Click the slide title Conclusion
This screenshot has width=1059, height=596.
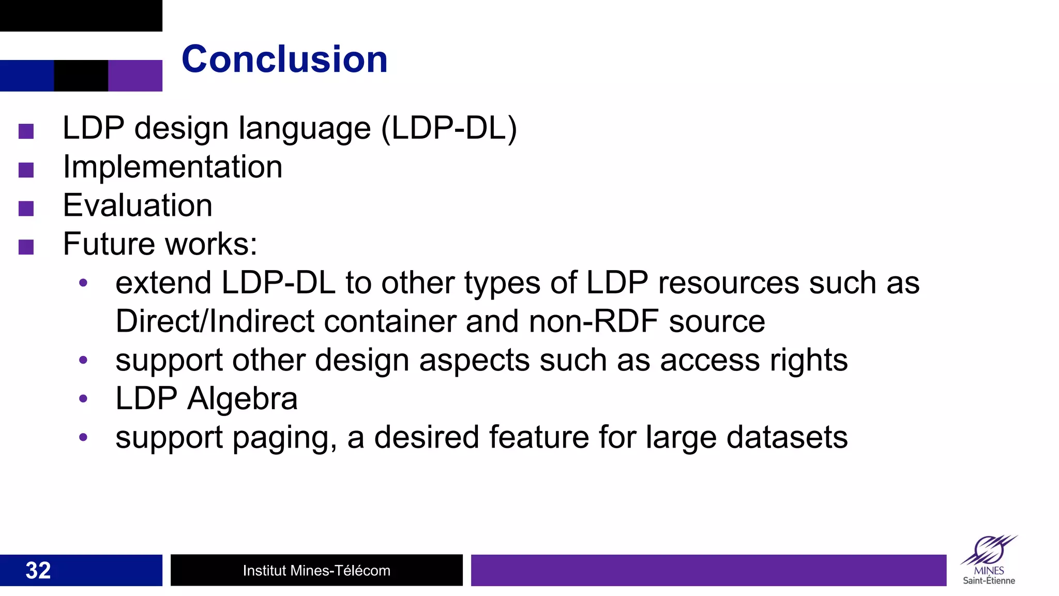pyautogui.click(x=284, y=59)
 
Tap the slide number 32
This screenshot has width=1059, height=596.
pyautogui.click(x=38, y=570)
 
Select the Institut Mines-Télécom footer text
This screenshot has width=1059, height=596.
pyautogui.click(x=316, y=570)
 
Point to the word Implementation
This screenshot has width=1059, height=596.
pyautogui.click(x=173, y=167)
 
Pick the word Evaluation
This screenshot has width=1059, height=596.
pyautogui.click(x=138, y=205)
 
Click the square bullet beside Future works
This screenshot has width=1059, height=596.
pyautogui.click(x=26, y=247)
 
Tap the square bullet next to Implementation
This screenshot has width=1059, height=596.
pyautogui.click(x=26, y=170)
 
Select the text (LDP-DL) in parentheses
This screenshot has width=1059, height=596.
pyautogui.click(x=449, y=128)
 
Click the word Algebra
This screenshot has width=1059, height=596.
pyautogui.click(x=243, y=398)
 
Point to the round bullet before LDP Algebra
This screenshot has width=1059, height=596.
pyautogui.click(x=83, y=399)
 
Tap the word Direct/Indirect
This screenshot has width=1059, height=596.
pyautogui.click(x=215, y=321)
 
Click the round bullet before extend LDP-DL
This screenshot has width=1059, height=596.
pyautogui.click(x=83, y=283)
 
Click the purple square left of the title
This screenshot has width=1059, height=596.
pyautogui.click(x=135, y=76)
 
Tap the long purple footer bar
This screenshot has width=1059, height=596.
pyautogui.click(x=708, y=570)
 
